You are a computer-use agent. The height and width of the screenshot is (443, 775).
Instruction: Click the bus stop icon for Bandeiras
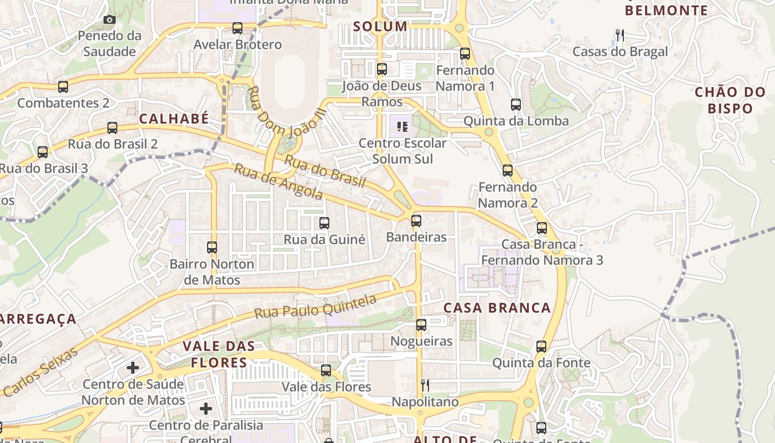coord(416,221)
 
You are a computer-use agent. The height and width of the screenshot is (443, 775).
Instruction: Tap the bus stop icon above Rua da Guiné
coord(324,223)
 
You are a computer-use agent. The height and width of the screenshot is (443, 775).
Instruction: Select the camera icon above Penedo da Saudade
coord(110,20)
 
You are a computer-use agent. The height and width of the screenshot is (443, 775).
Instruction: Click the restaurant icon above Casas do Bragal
coord(620,35)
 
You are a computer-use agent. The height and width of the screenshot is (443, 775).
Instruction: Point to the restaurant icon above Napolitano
coord(425,385)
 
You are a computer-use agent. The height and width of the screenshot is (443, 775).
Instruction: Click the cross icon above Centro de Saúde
coord(133,367)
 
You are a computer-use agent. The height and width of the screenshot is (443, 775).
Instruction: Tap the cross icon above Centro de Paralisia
coord(206,409)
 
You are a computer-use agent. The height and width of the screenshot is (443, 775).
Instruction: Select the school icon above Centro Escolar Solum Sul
coord(402,127)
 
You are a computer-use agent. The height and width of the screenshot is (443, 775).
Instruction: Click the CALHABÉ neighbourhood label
coord(174,119)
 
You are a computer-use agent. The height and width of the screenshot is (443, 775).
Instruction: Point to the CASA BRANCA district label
coord(497,308)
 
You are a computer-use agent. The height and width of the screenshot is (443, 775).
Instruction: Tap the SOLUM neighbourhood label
coord(380,26)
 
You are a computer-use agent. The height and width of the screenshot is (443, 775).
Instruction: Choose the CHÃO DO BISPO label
coord(730,100)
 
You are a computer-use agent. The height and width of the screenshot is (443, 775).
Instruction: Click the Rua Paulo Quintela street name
coord(316,306)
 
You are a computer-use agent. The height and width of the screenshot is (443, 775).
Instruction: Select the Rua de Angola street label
coord(278,181)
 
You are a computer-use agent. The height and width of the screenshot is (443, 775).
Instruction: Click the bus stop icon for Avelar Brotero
coord(237,28)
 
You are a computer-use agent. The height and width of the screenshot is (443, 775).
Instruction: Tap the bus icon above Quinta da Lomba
coord(516,104)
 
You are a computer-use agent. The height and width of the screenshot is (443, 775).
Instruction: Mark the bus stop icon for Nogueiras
coord(421,324)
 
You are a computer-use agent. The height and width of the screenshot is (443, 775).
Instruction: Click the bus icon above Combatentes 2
coord(63,86)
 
